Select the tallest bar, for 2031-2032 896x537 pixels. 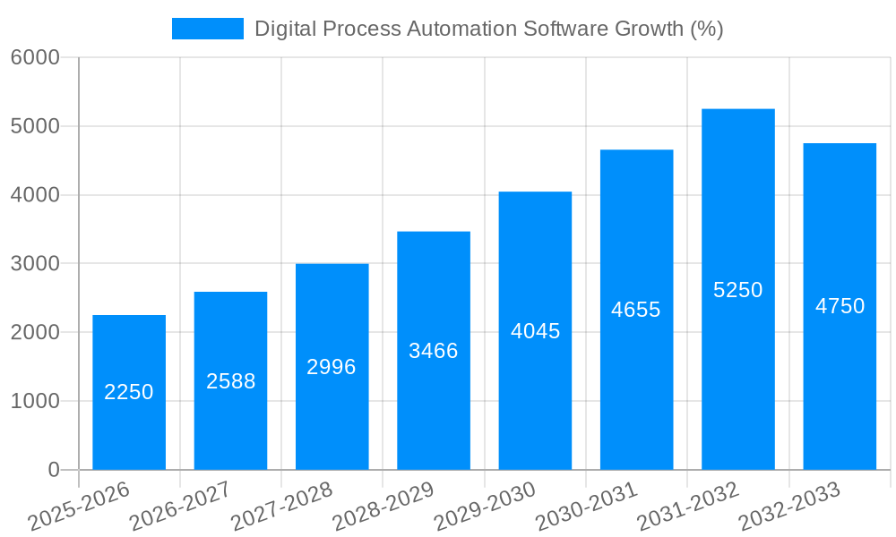click(737, 224)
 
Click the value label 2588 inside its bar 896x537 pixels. click(230, 381)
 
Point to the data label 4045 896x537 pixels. click(535, 331)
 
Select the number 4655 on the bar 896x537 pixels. click(636, 310)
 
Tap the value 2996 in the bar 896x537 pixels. click(332, 367)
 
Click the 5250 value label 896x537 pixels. click(737, 290)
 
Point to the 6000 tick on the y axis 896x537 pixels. click(35, 57)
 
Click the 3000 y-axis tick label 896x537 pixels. click(35, 264)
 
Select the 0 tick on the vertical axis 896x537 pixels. click(53, 470)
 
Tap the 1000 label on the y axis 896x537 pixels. click(35, 401)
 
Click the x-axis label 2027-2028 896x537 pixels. click(282, 506)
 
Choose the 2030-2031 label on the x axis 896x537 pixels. click(587, 506)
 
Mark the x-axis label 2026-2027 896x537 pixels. click(181, 506)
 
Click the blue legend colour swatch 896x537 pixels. click(207, 29)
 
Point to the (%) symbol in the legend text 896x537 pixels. click(707, 29)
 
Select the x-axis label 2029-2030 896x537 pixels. click(486, 506)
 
